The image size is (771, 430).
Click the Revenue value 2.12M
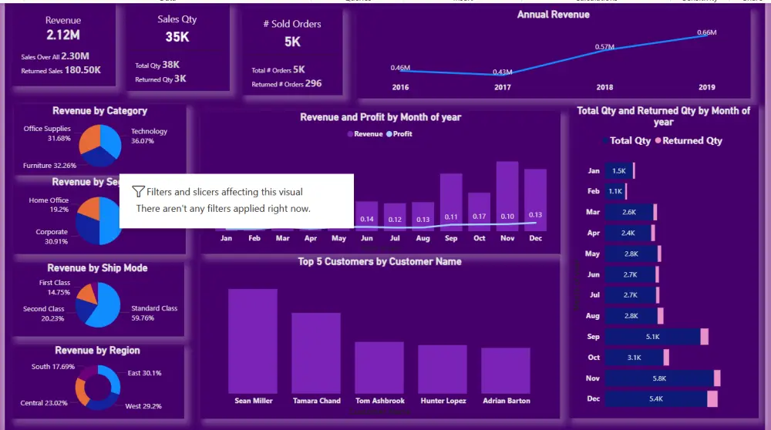click(63, 35)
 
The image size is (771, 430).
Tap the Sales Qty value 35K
click(177, 36)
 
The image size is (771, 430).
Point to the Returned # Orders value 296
click(313, 83)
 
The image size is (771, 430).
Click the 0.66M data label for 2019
click(706, 32)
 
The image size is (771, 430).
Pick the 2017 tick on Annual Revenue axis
click(503, 87)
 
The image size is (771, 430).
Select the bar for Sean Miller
click(252, 341)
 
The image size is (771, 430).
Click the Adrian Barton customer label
click(506, 401)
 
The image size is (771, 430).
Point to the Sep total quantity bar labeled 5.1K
click(652, 337)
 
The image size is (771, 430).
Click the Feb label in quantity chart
click(593, 191)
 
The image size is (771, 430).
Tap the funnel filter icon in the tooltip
click(138, 192)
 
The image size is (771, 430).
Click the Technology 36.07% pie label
click(149, 136)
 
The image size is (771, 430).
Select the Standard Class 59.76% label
click(153, 313)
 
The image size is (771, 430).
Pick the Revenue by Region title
click(98, 351)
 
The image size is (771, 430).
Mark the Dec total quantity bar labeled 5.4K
click(656, 398)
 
